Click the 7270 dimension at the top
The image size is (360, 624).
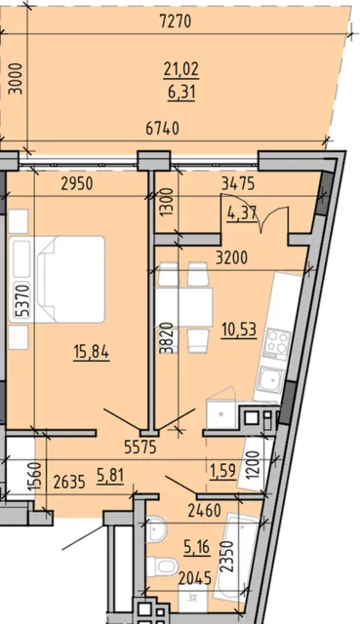[x=176, y=21]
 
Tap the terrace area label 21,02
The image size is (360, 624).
[x=181, y=69]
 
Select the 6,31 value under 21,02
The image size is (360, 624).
[x=181, y=93]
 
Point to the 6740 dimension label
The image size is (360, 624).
[x=163, y=128]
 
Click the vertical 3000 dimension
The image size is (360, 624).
[x=16, y=78]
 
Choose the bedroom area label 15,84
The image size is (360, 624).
[x=91, y=352]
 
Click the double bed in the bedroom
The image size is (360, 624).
[x=57, y=280]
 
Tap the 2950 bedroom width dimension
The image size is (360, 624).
[x=77, y=184]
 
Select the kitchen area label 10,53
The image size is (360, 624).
[x=239, y=330]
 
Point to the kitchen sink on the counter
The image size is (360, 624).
[x=269, y=380]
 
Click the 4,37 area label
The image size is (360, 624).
[x=242, y=214]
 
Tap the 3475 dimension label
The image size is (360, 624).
[x=238, y=184]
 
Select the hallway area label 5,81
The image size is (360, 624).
[x=110, y=475]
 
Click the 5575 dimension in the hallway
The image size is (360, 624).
[x=140, y=448]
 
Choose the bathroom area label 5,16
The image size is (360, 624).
[x=196, y=547]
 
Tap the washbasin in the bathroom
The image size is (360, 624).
[x=156, y=528]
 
